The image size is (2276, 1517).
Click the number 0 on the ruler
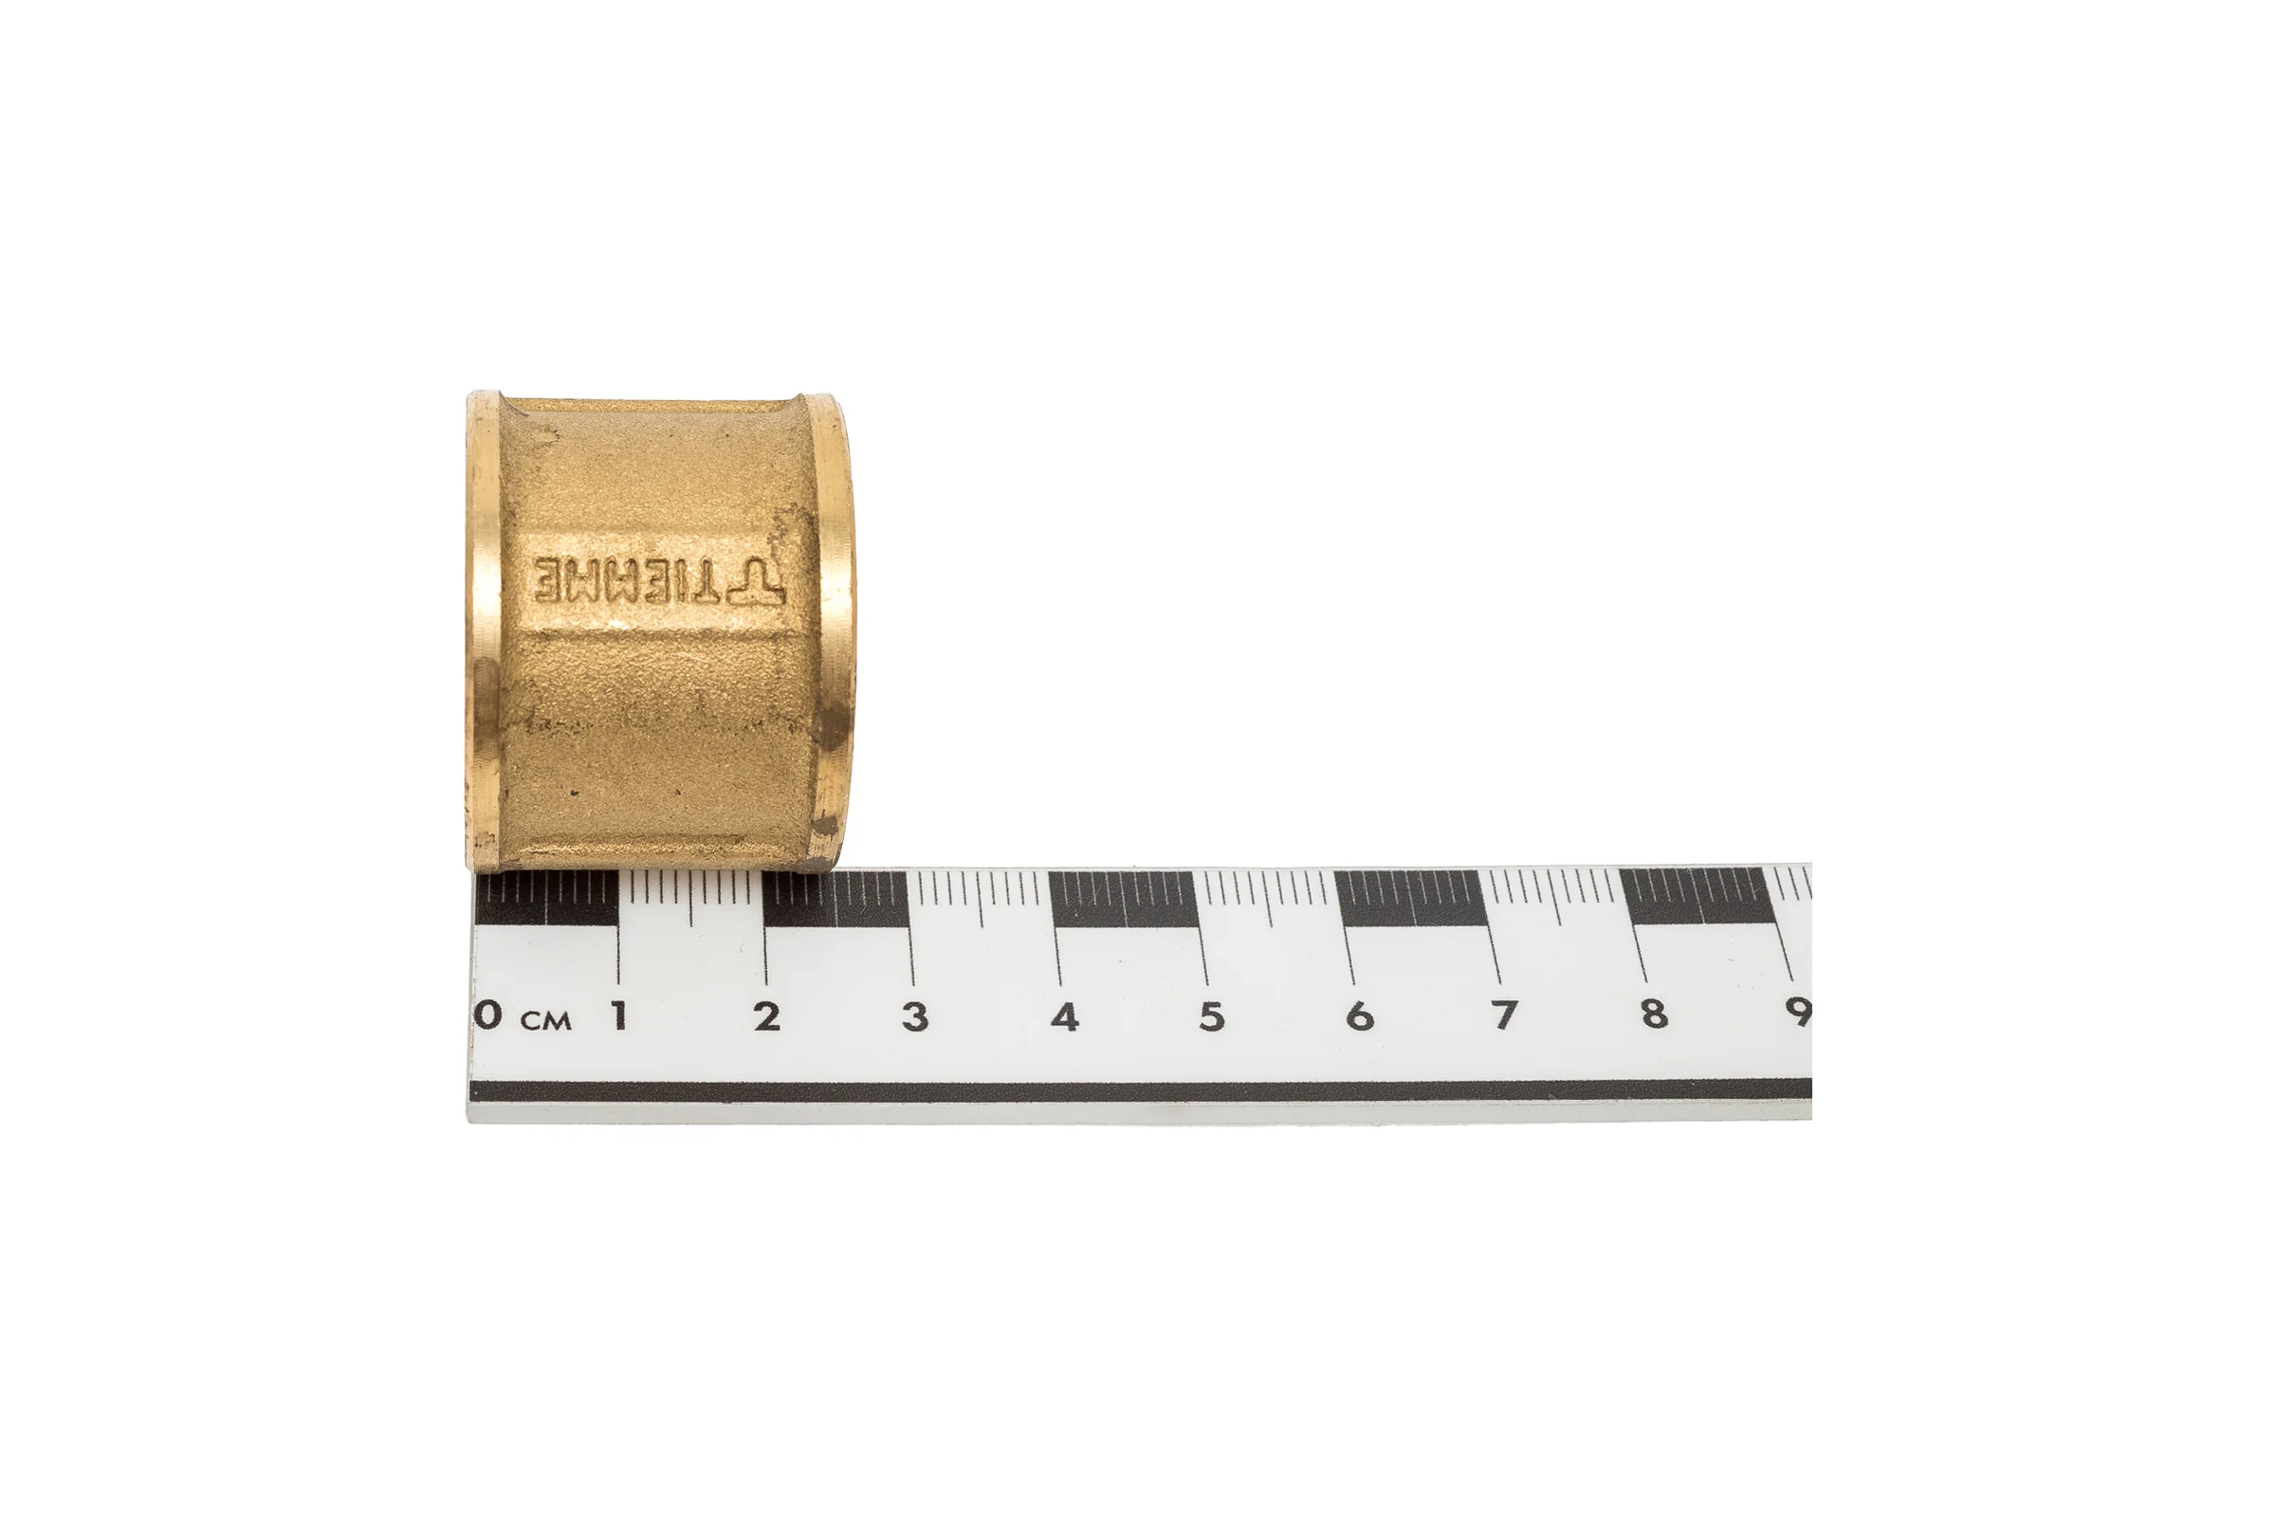point(489,1014)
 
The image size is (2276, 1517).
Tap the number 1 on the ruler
point(618,1015)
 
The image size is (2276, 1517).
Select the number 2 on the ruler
point(767,1015)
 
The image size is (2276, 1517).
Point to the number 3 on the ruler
point(915,1015)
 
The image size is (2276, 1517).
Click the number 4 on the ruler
point(1064,1015)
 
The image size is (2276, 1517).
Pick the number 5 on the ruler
point(1212,1015)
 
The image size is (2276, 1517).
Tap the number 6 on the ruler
point(1360,1015)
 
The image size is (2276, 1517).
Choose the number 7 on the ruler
point(1503,1014)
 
